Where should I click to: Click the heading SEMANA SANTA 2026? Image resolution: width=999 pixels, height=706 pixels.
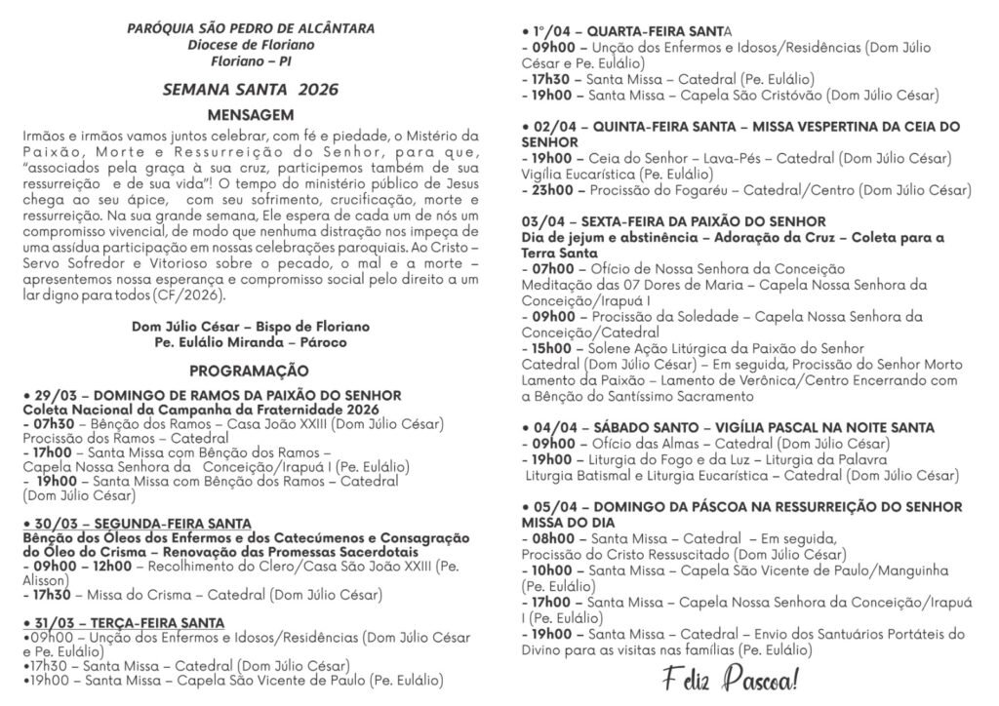[251, 91]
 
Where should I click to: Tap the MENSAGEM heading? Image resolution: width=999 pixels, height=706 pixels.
[251, 113]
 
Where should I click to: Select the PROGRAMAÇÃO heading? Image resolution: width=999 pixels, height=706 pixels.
[250, 371]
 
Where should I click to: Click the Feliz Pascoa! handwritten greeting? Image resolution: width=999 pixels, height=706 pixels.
[727, 677]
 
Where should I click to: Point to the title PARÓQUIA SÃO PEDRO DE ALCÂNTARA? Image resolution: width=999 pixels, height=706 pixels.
[251, 28]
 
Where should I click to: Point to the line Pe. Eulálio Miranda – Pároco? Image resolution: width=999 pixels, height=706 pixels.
[251, 342]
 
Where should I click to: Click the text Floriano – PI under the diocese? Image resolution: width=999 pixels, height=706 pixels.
[251, 61]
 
